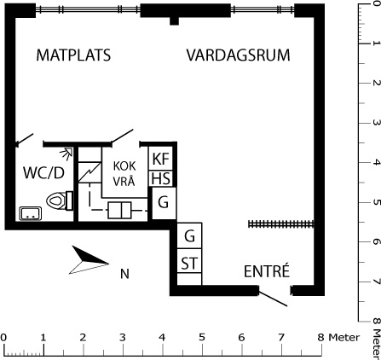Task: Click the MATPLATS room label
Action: tap(73, 55)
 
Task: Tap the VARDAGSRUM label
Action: tap(239, 55)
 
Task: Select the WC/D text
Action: tap(43, 172)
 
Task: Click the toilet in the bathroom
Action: tap(60, 200)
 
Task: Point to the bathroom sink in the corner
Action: tap(31, 213)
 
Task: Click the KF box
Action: tap(161, 159)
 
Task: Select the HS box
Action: tap(161, 179)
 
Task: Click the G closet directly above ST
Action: tap(189, 235)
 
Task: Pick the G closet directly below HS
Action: tap(164, 203)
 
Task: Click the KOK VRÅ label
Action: tap(124, 174)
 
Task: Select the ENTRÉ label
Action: tap(267, 271)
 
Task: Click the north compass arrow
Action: tap(89, 260)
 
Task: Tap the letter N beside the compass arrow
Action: tap(124, 274)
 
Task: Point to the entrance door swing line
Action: tap(273, 299)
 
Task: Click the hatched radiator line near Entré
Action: tap(281, 224)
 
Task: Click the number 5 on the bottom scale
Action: tap(202, 338)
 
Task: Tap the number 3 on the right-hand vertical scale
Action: tap(376, 123)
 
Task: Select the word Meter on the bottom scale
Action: tap(344, 338)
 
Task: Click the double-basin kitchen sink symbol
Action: tap(119, 210)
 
